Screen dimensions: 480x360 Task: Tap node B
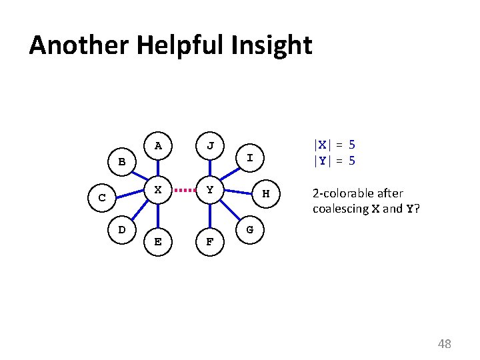121,162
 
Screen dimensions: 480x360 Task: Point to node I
249,158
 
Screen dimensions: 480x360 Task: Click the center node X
158,190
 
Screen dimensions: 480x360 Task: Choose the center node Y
210,190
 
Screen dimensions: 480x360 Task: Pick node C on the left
102,198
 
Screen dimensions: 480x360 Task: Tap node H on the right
265,194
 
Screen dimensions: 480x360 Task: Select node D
121,229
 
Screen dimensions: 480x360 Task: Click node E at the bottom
158,241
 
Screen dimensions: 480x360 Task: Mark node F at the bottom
210,241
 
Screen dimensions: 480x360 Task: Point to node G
249,229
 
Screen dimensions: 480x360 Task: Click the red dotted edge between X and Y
184,190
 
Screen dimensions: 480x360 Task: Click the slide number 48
444,344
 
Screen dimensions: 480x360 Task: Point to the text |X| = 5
334,145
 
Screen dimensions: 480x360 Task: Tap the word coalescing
341,209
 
